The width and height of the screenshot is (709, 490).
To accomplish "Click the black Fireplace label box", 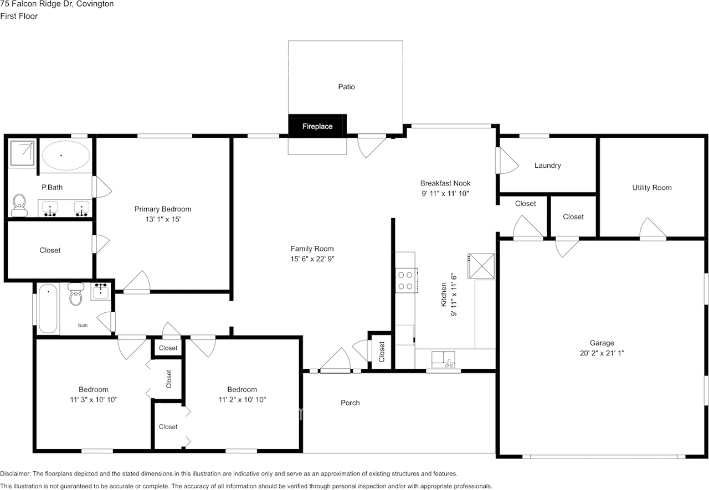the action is [317, 126].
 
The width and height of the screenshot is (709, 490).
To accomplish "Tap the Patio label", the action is [346, 87].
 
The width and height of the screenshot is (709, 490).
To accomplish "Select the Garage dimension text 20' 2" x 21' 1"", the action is [602, 353].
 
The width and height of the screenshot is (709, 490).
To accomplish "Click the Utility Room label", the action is [652, 188].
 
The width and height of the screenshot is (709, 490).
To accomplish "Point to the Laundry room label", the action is [548, 166].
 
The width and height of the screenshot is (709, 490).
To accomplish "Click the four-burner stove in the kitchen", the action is [406, 280].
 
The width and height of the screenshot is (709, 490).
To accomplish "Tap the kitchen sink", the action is [443, 359].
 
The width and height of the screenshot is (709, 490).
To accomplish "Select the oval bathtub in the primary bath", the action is [66, 156].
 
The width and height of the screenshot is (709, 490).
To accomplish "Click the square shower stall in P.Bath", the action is [22, 153].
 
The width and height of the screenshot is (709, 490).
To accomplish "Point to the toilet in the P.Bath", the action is [19, 205].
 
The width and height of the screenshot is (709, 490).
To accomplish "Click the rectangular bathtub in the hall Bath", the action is [48, 308].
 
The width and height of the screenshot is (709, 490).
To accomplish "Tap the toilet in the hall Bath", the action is [76, 294].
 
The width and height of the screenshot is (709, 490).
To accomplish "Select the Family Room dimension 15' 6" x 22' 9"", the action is [312, 259].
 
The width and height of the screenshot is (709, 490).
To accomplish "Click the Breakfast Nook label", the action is [445, 183].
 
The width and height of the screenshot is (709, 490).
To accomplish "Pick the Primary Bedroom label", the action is [163, 209].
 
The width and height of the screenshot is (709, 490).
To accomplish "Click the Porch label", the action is [350, 403].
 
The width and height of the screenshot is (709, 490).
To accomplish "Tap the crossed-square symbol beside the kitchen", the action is [481, 266].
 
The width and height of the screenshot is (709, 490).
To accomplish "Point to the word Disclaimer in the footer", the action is [15, 473].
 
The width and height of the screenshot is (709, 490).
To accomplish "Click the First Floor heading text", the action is [19, 16].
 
